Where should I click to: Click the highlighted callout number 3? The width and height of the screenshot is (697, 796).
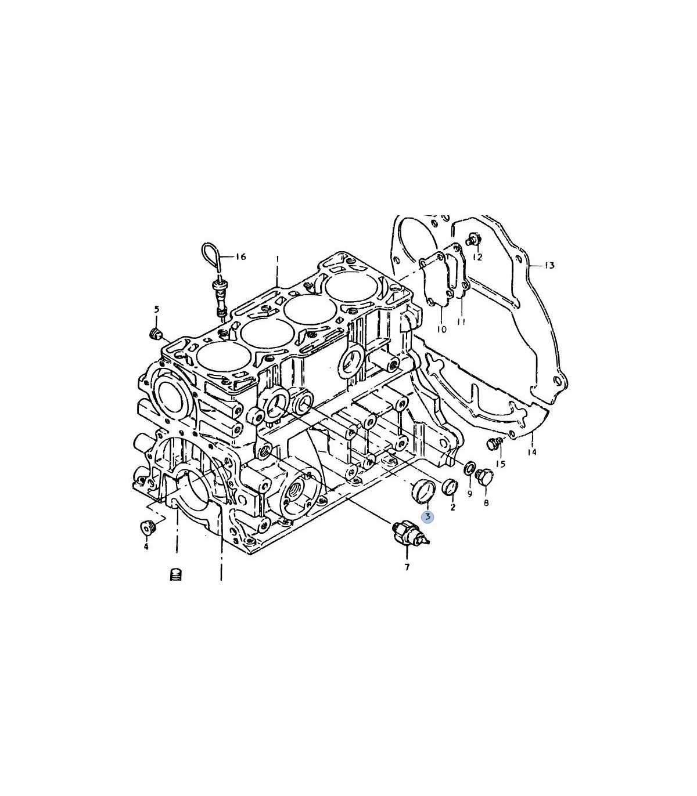coord(428,517)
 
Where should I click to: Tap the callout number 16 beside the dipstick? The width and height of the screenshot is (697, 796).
coord(241,257)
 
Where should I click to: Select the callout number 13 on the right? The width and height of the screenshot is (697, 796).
coord(549,266)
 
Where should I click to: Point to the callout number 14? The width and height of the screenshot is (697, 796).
coord(532,452)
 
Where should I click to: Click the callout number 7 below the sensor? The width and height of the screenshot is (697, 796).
coord(407,567)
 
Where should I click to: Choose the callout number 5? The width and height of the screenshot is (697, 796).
coord(156,310)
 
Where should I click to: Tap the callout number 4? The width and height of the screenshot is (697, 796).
coord(146,547)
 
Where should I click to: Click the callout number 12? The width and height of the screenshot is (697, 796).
coord(478,257)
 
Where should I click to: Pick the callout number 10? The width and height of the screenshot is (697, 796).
coord(442,330)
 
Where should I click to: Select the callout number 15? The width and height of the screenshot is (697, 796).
coord(501,464)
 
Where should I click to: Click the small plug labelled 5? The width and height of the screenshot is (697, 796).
coord(156,333)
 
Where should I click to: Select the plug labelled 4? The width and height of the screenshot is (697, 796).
coord(147,527)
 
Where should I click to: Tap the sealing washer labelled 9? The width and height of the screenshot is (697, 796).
coord(470,468)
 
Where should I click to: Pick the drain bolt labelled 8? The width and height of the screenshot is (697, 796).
coord(485,477)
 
